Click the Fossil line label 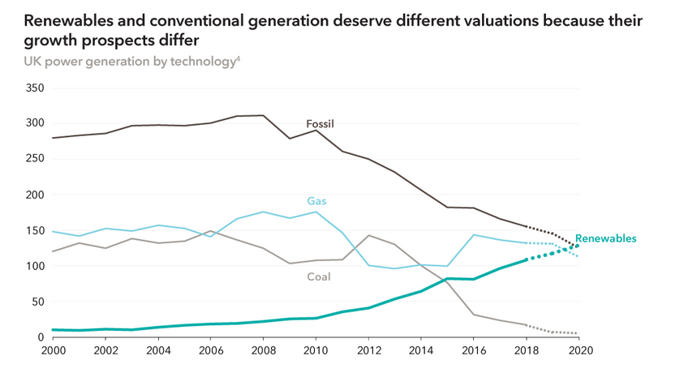click(x=320, y=124)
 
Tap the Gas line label click(x=316, y=200)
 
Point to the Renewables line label click(x=605, y=238)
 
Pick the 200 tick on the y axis click(x=32, y=195)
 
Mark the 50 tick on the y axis click(x=35, y=302)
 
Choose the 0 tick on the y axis click(x=38, y=337)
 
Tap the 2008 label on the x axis click(x=261, y=351)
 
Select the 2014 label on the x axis click(x=419, y=351)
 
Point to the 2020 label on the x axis click(x=578, y=351)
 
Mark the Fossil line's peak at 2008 click(x=261, y=115)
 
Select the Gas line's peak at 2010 click(x=314, y=212)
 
